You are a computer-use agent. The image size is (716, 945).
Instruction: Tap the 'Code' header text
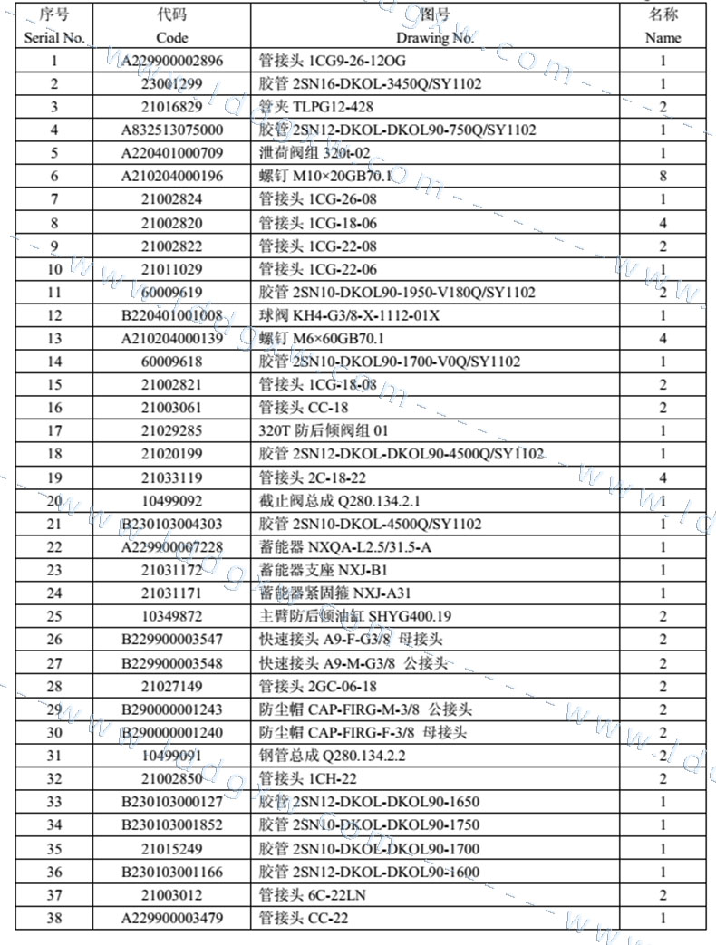(x=172, y=38)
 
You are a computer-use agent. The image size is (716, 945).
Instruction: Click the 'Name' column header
(x=663, y=38)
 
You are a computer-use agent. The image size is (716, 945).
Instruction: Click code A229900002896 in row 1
(x=172, y=62)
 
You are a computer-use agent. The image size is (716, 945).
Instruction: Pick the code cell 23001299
(x=172, y=84)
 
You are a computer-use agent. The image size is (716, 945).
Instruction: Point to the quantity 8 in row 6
(x=663, y=177)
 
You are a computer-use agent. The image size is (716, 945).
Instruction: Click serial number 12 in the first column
(x=54, y=315)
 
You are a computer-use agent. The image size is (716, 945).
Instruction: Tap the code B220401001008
(x=172, y=315)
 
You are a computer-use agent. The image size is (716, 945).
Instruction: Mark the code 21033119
(x=172, y=477)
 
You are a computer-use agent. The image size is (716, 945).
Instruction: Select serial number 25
(x=54, y=616)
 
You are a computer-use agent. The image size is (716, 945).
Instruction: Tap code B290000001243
(x=172, y=709)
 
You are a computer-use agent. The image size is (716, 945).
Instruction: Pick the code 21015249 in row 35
(x=172, y=849)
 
